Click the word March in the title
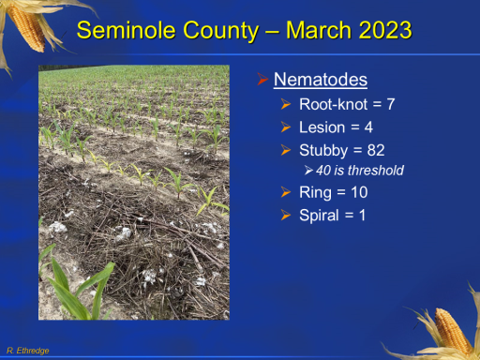(319, 30)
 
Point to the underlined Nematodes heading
(321, 80)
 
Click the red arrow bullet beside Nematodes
(262, 79)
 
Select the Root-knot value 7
(391, 104)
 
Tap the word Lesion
(322, 127)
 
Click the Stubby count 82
(376, 150)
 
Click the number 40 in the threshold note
(323, 171)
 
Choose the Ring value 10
(359, 192)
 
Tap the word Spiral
(319, 216)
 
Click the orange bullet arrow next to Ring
(286, 192)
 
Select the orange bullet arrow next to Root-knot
(286, 104)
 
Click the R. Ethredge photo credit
(28, 351)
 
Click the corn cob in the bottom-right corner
(452, 332)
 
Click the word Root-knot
(334, 104)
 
